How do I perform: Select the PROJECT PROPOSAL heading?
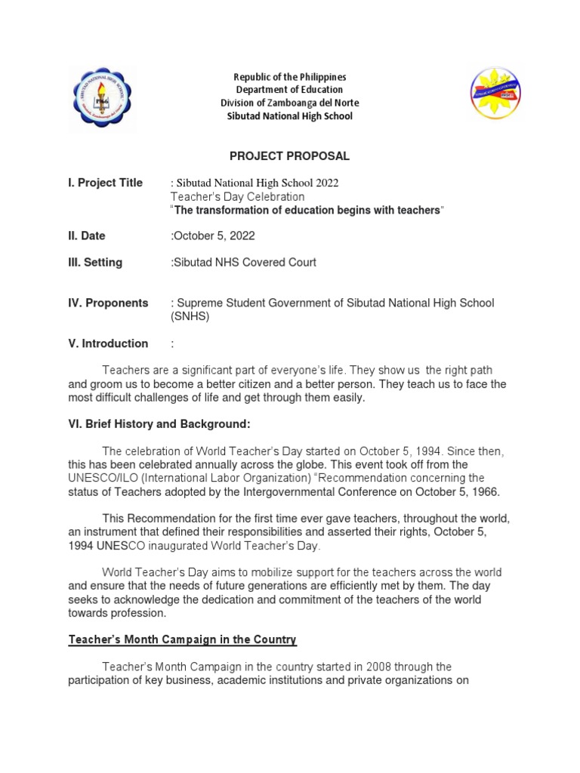point(289,156)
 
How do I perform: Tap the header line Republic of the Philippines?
point(289,77)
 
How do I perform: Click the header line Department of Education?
point(289,90)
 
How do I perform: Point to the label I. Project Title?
point(105,183)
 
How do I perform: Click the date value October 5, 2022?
point(215,236)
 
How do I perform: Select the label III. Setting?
point(95,263)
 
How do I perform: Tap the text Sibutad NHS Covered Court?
point(244,263)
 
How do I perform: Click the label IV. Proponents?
point(108,303)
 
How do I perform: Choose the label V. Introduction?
point(108,343)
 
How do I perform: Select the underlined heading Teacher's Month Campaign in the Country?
point(183,640)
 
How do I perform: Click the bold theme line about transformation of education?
point(307,210)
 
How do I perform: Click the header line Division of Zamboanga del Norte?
point(289,103)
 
